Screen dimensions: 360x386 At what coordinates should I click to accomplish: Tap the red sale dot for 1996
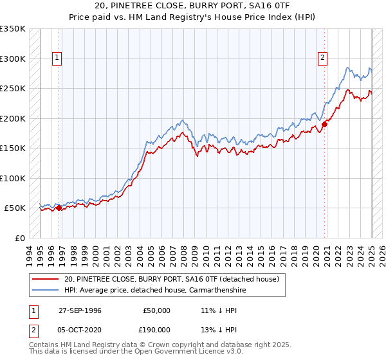[x=59, y=208]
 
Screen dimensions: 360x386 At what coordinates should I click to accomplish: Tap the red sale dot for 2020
[x=324, y=125]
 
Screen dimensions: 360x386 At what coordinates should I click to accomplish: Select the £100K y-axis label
[x=13, y=178]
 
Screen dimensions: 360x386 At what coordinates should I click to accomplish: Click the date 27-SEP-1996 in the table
[x=80, y=310]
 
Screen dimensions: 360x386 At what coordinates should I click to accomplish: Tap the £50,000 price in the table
[x=157, y=310]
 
